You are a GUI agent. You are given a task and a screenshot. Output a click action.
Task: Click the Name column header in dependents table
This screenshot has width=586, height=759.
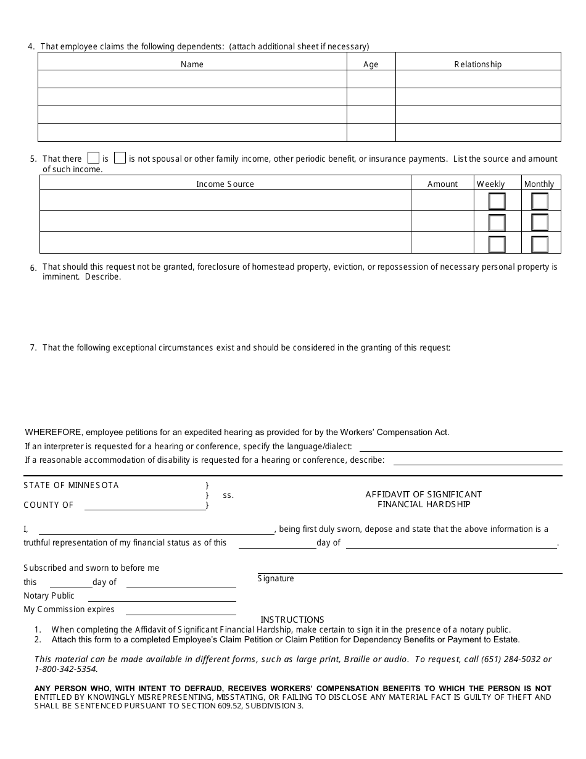coord(192,64)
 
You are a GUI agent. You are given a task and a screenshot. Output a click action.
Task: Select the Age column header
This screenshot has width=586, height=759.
coord(371,64)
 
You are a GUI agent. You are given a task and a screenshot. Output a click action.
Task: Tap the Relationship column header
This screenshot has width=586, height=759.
coord(478,64)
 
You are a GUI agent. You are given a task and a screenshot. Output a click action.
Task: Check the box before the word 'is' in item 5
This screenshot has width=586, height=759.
coord(94,158)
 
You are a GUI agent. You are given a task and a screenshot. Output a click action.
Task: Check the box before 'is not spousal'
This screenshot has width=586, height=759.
coord(120,158)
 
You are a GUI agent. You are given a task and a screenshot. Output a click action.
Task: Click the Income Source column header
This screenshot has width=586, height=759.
coord(225,184)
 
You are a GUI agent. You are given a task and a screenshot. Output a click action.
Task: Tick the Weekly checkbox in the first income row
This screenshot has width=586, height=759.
coord(497,201)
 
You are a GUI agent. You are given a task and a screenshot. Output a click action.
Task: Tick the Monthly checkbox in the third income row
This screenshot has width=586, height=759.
coord(540,244)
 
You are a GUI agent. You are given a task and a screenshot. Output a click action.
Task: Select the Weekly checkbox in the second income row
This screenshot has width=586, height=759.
coord(497,223)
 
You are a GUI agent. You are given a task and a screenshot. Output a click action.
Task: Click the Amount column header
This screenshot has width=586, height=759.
coord(442,184)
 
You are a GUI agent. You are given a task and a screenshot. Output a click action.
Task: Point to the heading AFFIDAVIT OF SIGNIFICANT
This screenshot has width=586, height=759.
coord(423,494)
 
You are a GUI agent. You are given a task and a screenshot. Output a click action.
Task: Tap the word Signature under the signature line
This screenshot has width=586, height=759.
coord(276,579)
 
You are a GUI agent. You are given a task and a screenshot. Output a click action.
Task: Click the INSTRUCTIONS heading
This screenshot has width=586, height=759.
coord(292,620)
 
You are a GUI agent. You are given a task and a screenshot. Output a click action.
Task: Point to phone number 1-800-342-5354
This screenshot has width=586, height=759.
coord(66,669)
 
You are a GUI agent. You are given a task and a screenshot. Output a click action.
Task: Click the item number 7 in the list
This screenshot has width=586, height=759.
coord(33,348)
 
